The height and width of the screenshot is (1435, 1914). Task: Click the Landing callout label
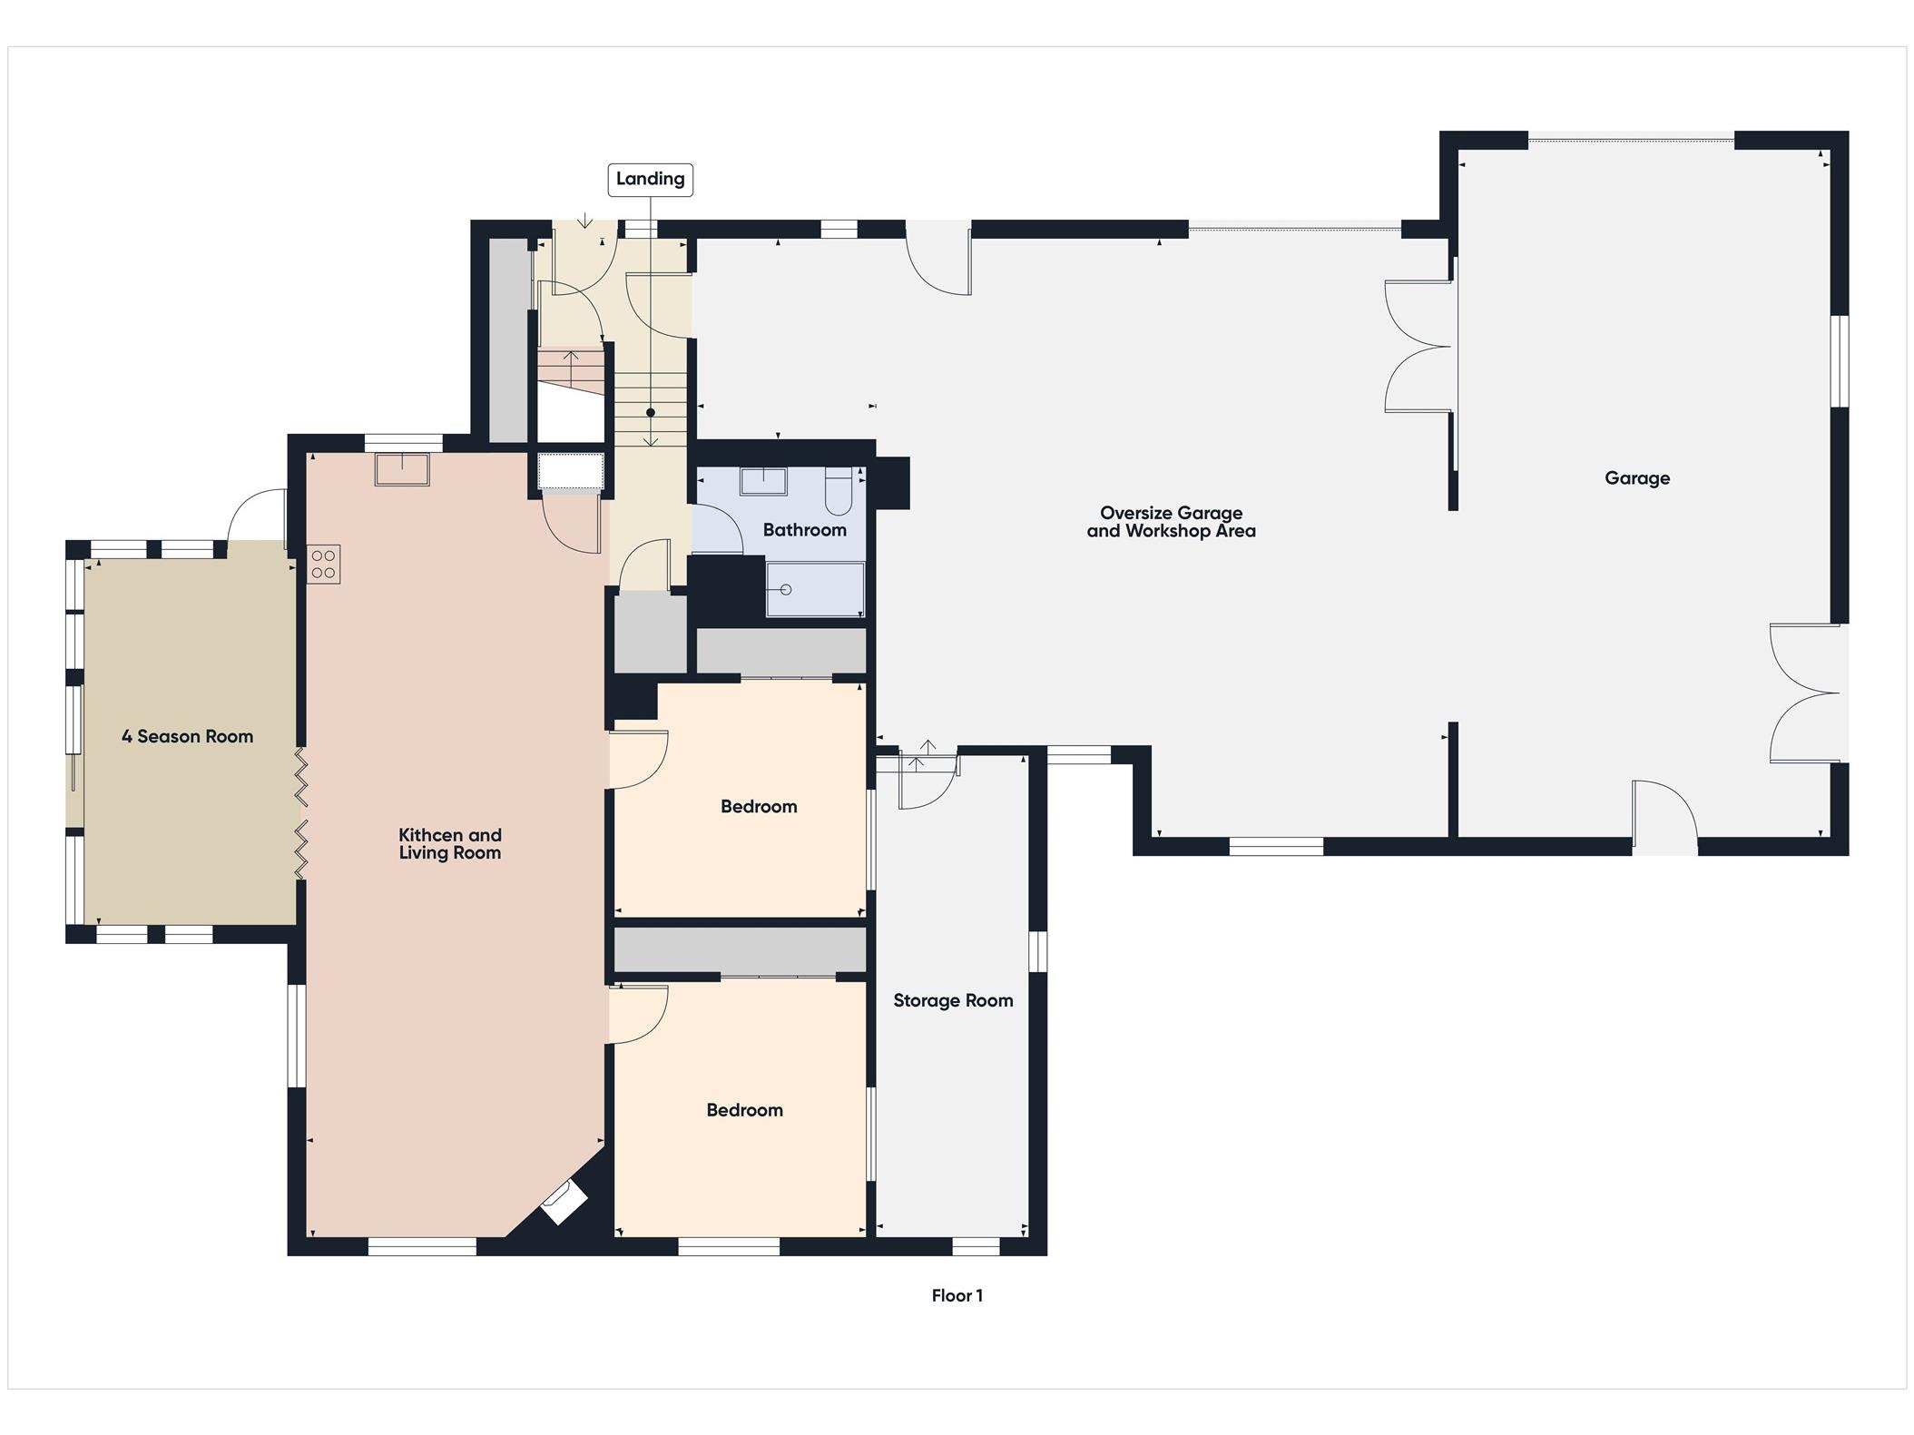point(650,179)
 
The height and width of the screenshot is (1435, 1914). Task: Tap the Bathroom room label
point(804,530)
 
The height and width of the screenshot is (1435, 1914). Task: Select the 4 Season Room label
point(187,736)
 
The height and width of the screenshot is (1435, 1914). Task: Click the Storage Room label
point(953,1000)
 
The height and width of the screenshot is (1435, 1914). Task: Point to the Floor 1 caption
point(957,1295)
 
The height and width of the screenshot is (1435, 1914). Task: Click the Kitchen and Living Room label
point(450,843)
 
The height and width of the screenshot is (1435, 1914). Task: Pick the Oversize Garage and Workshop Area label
point(1171,522)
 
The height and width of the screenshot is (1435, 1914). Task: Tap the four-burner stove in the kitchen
point(323,564)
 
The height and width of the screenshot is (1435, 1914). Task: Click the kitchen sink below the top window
point(402,469)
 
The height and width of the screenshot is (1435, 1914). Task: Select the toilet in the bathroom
point(839,490)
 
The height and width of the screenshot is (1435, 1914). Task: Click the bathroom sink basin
point(763,480)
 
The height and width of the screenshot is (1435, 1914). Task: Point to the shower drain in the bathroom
point(786,590)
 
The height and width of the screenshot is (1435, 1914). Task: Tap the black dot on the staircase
point(651,413)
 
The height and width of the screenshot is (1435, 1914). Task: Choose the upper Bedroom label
point(759,806)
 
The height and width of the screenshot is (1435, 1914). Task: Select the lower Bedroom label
point(744,1110)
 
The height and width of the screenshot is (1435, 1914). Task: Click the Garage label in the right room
point(1636,478)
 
